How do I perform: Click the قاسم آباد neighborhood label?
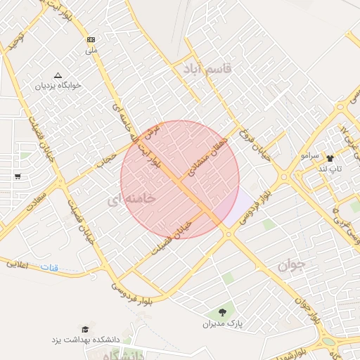tap(212, 69)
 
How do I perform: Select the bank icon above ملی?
tap(91, 40)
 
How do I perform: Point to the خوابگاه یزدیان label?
tap(58, 86)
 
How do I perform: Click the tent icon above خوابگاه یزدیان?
tap(58, 75)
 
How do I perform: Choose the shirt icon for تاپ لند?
tap(330, 159)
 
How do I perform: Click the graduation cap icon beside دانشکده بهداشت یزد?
tap(85, 329)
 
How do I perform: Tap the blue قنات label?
tap(49, 268)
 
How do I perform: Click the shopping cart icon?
tap(17, 176)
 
